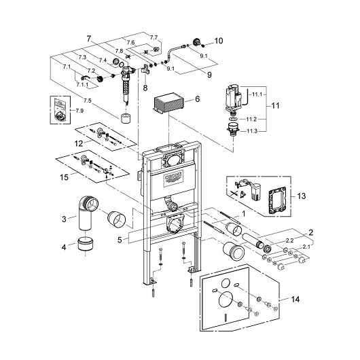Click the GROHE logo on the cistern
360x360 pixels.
tap(174, 177)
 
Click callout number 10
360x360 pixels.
tap(219, 41)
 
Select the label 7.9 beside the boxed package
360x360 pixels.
tap(79, 111)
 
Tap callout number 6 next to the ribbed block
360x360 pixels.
tap(197, 99)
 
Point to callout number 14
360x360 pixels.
tap(295, 300)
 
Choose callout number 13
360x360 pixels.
tap(302, 196)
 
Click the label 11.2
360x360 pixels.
tap(251, 119)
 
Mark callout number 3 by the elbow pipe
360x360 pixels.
tap(64, 219)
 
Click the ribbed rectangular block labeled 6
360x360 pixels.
tap(168, 103)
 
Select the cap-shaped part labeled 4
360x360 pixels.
tap(85, 244)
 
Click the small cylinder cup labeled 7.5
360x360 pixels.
tap(126, 118)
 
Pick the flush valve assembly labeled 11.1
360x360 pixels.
tap(234, 98)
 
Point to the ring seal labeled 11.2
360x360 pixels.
tap(233, 119)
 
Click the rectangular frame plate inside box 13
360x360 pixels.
tap(276, 200)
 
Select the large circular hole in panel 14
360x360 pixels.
tap(226, 300)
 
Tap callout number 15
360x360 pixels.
tap(64, 177)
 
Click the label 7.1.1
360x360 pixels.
tap(82, 85)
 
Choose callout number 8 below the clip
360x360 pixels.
tap(145, 88)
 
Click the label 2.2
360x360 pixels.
tap(290, 240)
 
